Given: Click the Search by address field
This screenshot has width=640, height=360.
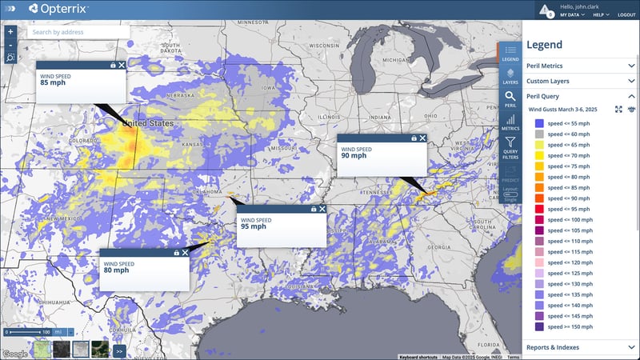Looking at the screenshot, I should point(78,32).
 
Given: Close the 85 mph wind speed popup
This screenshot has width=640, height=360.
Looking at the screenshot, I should point(122,65).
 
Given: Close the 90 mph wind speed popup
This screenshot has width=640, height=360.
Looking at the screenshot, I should point(422,138).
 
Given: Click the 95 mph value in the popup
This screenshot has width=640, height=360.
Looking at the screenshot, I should point(253,226).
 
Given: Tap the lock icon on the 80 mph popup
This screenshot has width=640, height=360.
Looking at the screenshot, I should point(176,253).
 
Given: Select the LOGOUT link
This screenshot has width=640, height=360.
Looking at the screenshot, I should point(626,15).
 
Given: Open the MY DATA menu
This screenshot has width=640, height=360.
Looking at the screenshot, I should point(572,15).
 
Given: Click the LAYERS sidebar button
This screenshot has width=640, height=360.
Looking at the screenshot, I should point(510,77).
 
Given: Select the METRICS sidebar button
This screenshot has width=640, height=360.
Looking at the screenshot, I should point(510,122).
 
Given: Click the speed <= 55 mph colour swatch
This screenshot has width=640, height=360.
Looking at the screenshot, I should point(539,123).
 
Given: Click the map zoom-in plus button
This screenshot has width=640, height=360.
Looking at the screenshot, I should point(10,32).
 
